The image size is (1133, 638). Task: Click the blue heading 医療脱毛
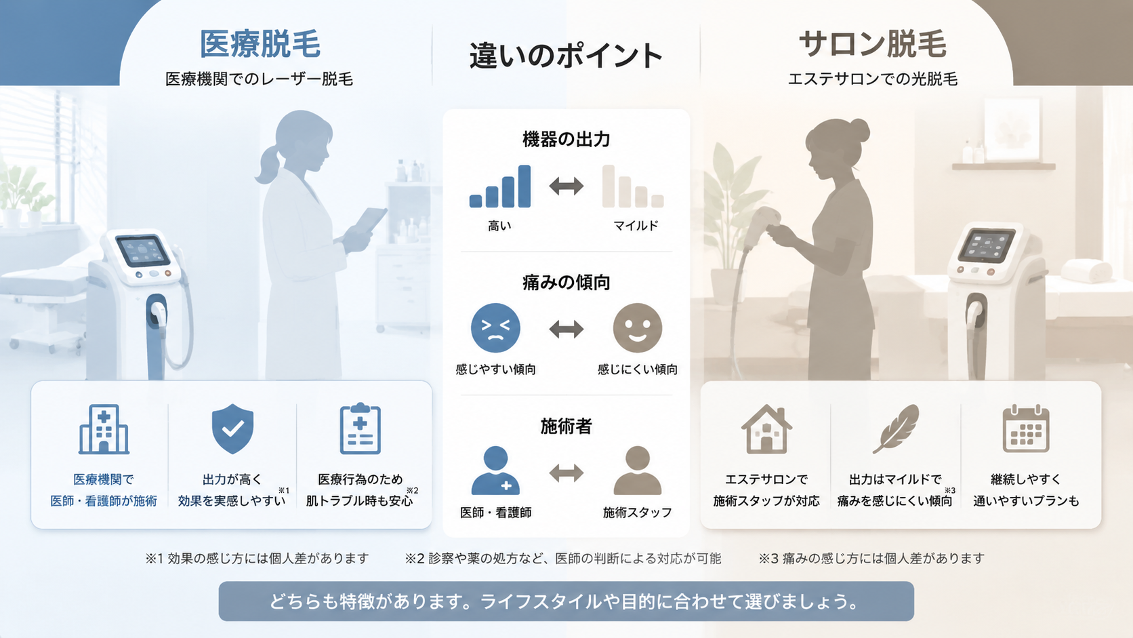(260, 44)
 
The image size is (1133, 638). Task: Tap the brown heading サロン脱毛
(873, 44)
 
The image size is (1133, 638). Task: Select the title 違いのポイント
(566, 55)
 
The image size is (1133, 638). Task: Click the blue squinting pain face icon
(495, 328)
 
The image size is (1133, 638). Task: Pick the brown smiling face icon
(637, 328)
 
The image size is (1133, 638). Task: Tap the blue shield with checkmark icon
(232, 428)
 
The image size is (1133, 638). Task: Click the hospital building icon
(104, 429)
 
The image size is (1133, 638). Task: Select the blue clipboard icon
(360, 428)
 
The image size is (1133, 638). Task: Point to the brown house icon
(766, 429)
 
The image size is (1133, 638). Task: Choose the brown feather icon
(895, 428)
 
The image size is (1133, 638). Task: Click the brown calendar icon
(1026, 428)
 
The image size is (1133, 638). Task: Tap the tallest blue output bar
(524, 186)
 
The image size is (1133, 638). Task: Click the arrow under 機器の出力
(566, 186)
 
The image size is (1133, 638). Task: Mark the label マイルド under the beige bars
(636, 226)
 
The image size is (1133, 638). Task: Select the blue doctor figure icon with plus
(495, 471)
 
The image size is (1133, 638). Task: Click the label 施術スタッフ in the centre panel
(637, 513)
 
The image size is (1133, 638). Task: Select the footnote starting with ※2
(563, 559)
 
